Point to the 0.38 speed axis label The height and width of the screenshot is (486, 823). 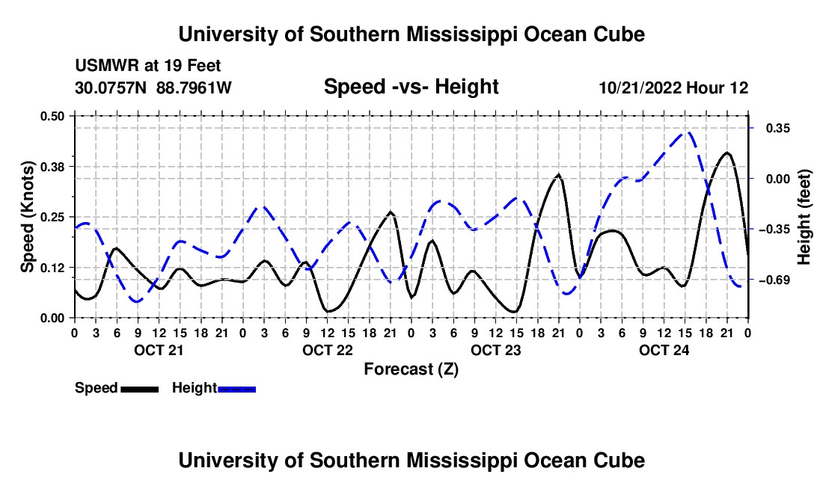click(x=52, y=167)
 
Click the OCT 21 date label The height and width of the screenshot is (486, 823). click(x=159, y=350)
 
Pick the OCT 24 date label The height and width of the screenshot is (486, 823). click(x=664, y=350)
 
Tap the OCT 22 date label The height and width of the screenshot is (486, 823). click(x=328, y=350)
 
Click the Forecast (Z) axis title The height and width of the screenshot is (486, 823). click(x=411, y=369)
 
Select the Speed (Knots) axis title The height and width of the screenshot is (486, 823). click(x=27, y=217)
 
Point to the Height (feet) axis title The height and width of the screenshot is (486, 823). click(x=804, y=217)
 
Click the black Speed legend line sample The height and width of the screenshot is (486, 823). click(x=140, y=390)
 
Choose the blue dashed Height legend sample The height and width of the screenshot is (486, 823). click(x=236, y=390)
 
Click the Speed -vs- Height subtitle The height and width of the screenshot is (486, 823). click(x=411, y=87)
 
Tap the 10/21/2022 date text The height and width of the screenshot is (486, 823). click(x=640, y=87)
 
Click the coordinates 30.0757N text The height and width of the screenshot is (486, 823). click(x=110, y=87)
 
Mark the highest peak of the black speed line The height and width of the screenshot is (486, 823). click(x=727, y=153)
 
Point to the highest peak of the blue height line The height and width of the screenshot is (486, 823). click(x=688, y=132)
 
